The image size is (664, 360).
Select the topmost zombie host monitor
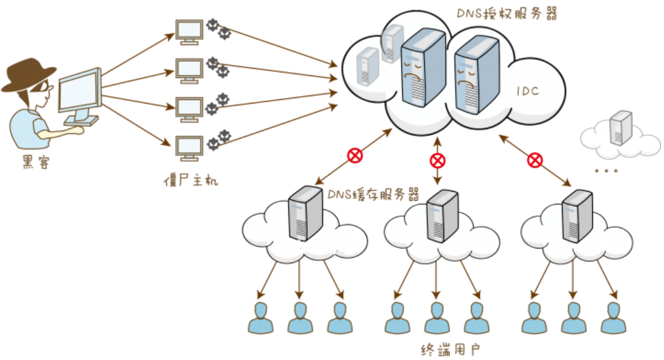(188, 31)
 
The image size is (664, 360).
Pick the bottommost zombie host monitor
(188, 148)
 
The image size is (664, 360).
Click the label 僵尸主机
(190, 181)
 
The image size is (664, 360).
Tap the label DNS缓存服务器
(373, 195)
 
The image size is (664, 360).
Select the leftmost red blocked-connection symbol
(355, 156)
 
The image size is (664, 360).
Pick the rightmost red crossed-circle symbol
(535, 160)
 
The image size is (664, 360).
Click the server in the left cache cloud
(305, 212)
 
